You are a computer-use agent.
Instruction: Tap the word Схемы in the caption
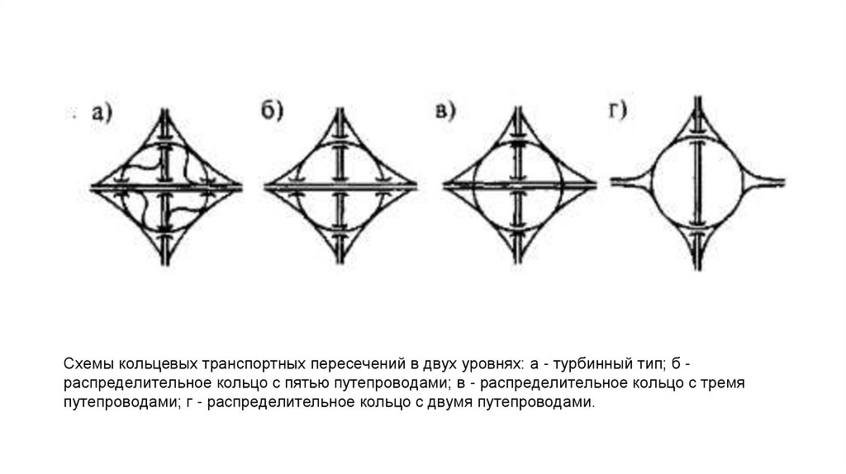tap(88, 364)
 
